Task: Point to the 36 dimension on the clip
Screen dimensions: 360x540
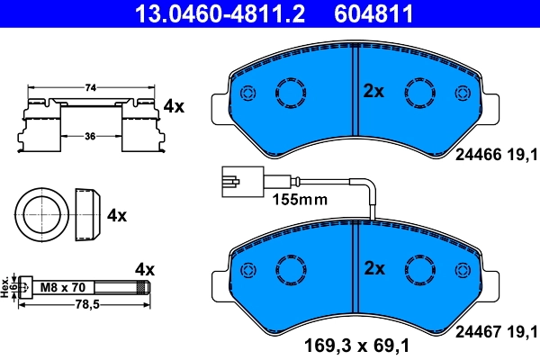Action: point(90,136)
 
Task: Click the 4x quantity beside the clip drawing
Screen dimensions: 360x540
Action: point(174,106)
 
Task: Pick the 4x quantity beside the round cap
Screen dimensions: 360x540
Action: point(117,216)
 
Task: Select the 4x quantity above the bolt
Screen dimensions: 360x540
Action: point(145,269)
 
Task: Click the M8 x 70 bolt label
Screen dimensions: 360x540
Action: point(63,287)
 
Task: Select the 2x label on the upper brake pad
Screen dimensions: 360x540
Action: point(373,91)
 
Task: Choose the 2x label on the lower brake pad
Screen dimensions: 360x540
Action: point(373,268)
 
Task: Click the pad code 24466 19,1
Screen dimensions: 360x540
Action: point(496,154)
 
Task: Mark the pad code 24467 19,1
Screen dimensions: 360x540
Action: point(496,330)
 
